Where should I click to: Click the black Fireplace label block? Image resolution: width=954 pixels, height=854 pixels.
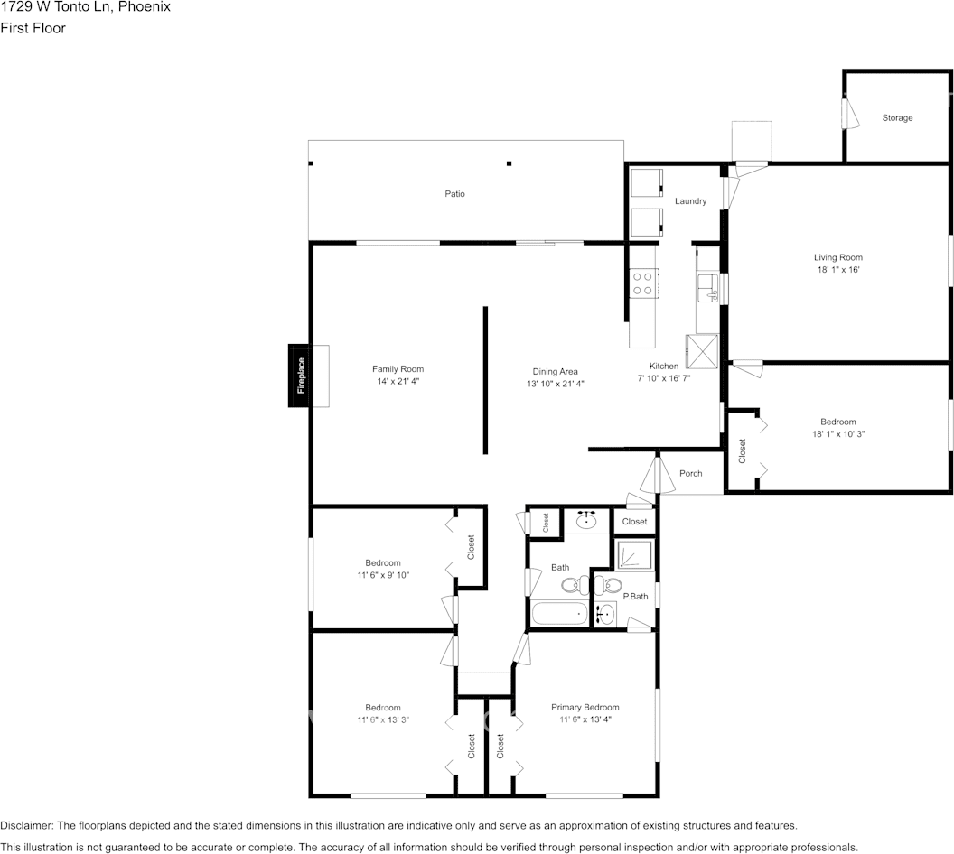[301, 376]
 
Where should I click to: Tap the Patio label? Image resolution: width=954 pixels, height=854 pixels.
[454, 194]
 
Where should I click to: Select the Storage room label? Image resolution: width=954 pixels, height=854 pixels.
[897, 118]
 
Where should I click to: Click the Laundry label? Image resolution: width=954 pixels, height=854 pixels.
[690, 201]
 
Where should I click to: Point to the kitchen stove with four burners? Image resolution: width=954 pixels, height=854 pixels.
[643, 283]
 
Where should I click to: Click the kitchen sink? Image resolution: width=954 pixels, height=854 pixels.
[707, 289]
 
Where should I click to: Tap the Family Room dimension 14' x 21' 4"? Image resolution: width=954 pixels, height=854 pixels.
[397, 382]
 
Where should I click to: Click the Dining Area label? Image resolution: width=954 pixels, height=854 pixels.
[552, 371]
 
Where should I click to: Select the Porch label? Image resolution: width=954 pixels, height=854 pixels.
[690, 473]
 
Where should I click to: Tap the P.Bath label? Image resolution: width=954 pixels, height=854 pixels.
[635, 596]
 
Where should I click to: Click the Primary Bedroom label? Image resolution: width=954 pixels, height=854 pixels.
[585, 707]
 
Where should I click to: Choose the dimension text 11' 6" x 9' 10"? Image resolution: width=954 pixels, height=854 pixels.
[382, 575]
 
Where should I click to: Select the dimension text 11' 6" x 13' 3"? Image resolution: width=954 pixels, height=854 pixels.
[382, 719]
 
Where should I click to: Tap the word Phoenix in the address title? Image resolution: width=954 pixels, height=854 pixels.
[145, 7]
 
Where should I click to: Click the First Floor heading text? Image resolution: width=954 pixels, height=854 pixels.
[33, 28]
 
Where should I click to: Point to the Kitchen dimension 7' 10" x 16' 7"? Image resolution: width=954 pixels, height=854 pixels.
[664, 379]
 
